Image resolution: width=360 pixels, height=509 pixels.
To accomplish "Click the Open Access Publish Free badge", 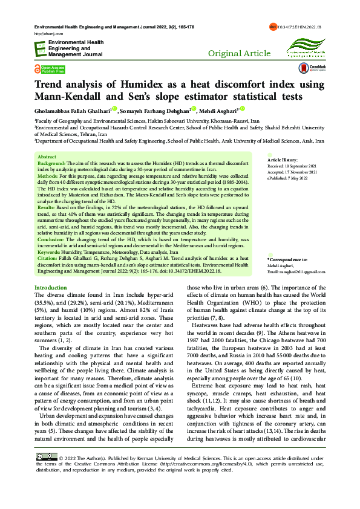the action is pyautogui.click(x=50, y=69).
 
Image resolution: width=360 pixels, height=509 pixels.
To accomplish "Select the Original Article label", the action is pyautogui.click(x=239, y=54).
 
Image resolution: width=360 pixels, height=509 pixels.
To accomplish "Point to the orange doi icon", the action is pyautogui.click(x=272, y=28).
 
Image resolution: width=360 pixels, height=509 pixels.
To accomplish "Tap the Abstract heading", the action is pyautogui.click(x=47, y=157).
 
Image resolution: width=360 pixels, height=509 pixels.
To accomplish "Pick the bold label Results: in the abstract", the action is pyautogui.click(x=48, y=207).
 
